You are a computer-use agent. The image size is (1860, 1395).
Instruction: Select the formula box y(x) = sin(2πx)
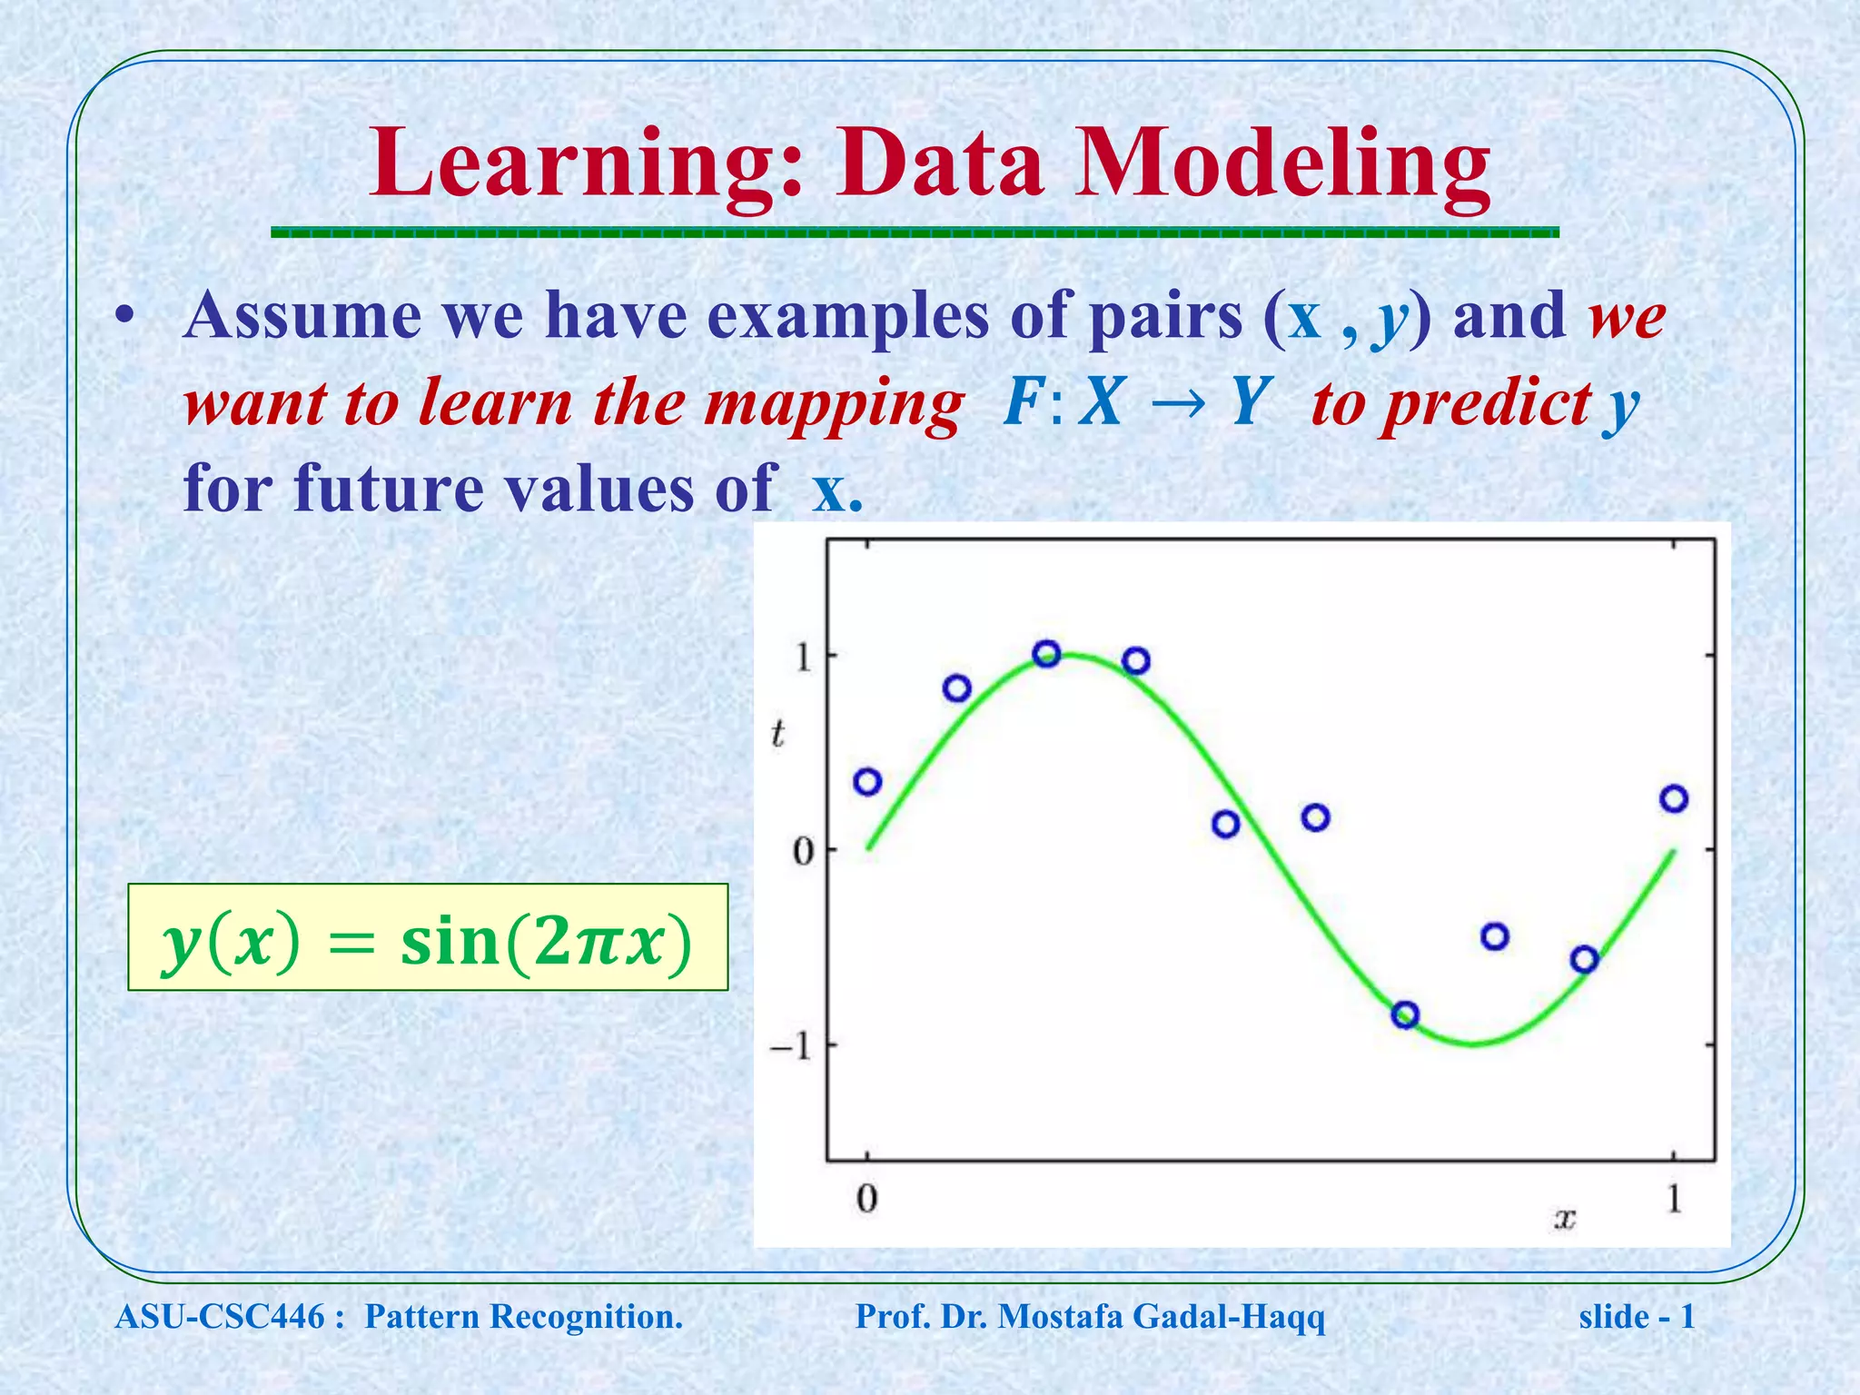pos(428,937)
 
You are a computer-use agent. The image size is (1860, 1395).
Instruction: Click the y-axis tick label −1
pos(790,1047)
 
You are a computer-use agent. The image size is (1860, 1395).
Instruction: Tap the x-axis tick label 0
pos(867,1200)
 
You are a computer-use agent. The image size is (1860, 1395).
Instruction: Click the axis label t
pos(777,734)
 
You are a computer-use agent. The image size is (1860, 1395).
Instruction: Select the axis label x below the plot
pos(1564,1218)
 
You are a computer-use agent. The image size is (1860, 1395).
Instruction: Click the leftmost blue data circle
pos(868,781)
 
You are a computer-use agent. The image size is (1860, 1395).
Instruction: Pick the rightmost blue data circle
pos(1674,798)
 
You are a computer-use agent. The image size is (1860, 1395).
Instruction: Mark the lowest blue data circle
pos(1405,1014)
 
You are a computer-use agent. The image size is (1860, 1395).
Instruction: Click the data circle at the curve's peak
pos(1047,653)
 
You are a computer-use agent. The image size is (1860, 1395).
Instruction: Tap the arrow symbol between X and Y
pos(1177,403)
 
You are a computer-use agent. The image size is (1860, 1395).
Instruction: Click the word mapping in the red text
pos(833,403)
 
